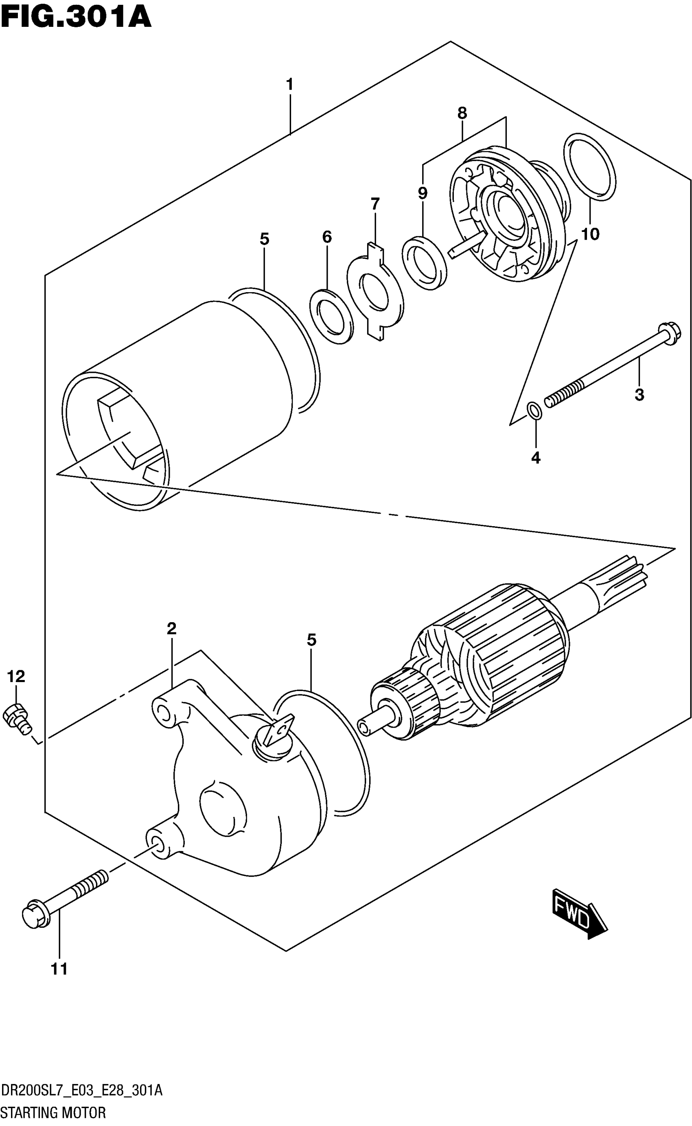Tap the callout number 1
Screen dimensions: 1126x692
289,85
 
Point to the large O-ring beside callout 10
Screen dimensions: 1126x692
590,166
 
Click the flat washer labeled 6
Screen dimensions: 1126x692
332,317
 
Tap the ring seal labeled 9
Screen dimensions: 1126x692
425,263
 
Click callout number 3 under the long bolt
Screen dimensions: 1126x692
639,394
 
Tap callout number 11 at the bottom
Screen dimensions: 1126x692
59,969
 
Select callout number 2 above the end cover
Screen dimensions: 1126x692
171,629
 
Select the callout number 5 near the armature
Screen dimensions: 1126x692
311,640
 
